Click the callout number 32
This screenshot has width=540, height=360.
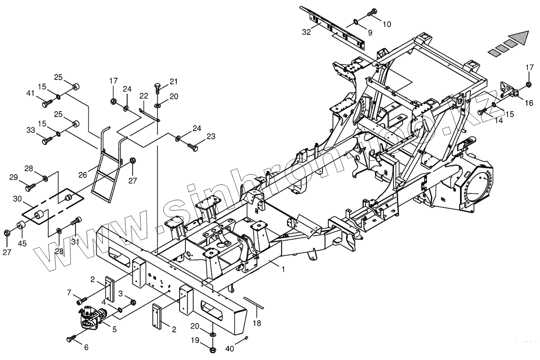(306, 32)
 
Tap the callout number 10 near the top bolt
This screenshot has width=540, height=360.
(387, 24)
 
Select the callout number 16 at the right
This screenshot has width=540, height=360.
(529, 103)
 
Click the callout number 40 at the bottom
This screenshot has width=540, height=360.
(230, 349)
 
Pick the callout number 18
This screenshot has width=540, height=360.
(257, 323)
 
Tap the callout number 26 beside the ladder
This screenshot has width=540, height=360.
(83, 175)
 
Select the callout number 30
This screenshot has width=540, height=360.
(17, 199)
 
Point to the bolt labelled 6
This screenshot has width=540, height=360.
(71, 339)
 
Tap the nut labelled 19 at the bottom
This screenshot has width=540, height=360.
(212, 350)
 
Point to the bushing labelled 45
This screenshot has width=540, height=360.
(20, 226)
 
